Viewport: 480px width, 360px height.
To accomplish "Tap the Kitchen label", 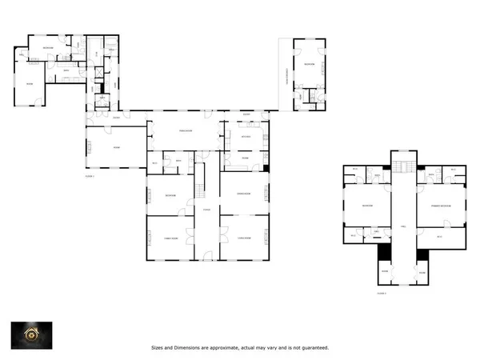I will pos(246,137).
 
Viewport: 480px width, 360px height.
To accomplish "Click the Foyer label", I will pos(207,210).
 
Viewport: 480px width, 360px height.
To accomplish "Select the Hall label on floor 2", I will pos(404,226).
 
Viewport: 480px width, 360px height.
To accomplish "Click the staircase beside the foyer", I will pos(203,189).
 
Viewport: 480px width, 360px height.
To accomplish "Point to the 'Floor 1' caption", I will pos(90,175).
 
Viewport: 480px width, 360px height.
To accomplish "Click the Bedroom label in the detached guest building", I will pos(308,64).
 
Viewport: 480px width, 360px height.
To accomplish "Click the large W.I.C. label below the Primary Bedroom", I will pos(439,234).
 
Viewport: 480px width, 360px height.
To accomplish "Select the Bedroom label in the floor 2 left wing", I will pos(366,206).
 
